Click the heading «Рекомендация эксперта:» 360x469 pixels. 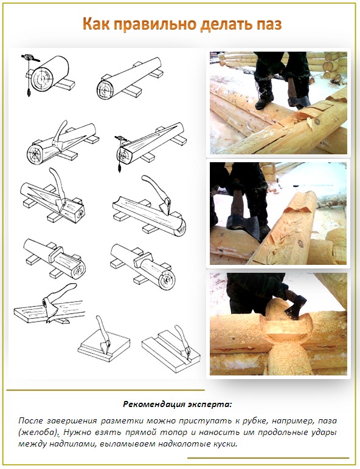coord(178,405)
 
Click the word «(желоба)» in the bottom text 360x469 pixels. coord(38,433)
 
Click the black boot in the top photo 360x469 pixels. coord(265,95)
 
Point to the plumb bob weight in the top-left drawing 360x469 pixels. coord(29,93)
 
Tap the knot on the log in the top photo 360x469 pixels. coord(317,121)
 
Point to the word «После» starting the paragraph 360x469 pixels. coord(30,421)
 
